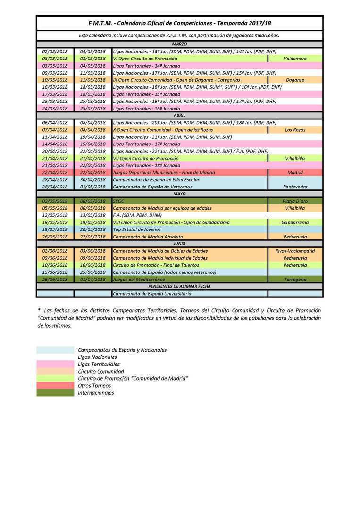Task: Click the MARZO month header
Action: (179, 44)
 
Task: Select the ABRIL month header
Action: (179, 115)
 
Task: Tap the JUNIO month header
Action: (179, 244)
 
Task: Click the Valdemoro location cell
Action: (295, 59)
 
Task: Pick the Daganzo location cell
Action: (295, 80)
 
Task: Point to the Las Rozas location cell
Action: (295, 130)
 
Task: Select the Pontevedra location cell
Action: (295, 187)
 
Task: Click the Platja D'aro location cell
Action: (295, 201)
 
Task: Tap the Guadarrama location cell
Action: (295, 222)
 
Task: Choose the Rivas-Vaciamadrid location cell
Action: (295, 251)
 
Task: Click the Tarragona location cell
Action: (295, 280)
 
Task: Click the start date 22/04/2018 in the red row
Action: (55, 172)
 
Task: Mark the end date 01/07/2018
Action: (93, 280)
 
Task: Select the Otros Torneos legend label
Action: (94, 386)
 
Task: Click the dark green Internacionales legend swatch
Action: (55, 393)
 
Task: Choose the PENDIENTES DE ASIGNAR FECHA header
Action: (179, 287)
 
